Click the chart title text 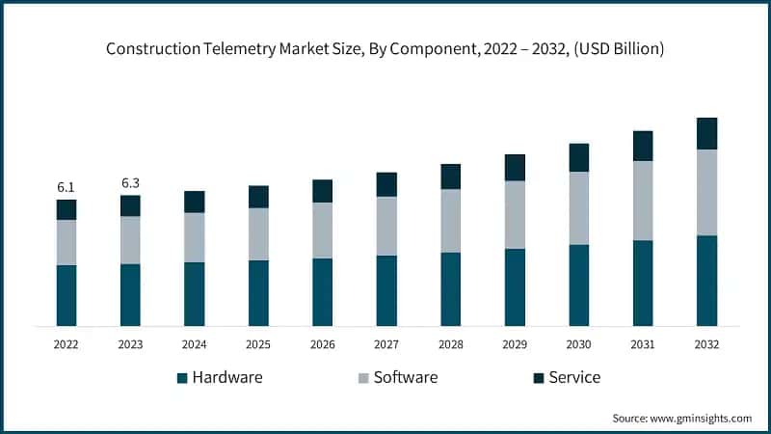click(x=385, y=47)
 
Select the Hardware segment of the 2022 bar click(x=66, y=295)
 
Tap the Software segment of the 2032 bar click(x=706, y=192)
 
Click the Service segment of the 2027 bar click(x=386, y=184)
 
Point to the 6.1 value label click(x=66, y=187)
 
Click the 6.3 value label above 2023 click(x=130, y=183)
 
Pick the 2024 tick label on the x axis click(x=194, y=343)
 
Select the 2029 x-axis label click(x=515, y=343)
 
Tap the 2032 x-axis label click(x=706, y=343)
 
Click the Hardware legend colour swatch click(x=182, y=378)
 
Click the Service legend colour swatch click(x=538, y=378)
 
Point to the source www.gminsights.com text click(x=682, y=418)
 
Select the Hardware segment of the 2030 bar click(x=578, y=285)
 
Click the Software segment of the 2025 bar click(x=258, y=233)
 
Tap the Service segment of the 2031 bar click(x=643, y=146)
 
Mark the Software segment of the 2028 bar click(x=450, y=221)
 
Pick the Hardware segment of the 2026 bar click(x=322, y=291)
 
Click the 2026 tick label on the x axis click(x=322, y=343)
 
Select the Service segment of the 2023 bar click(x=130, y=205)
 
